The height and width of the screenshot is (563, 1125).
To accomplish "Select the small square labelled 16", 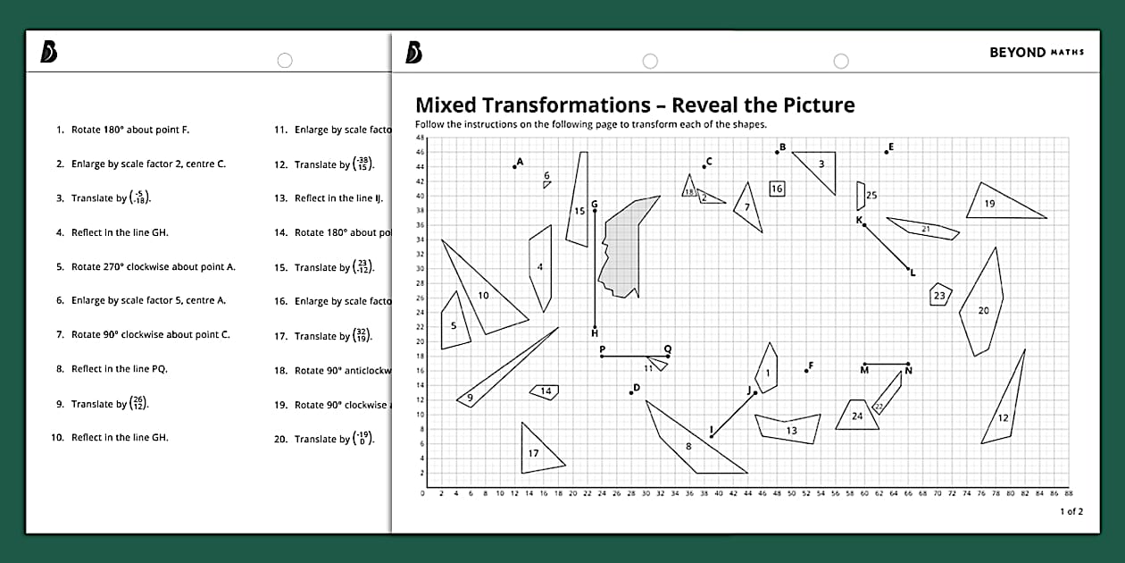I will (x=777, y=189).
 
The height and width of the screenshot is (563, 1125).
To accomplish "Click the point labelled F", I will (x=806, y=370).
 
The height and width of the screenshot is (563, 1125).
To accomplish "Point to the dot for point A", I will (x=515, y=166).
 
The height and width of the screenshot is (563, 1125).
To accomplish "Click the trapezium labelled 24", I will (x=857, y=416).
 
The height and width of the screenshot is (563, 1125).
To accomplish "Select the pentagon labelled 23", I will (x=940, y=295).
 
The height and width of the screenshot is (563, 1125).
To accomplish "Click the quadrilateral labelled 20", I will (x=982, y=308).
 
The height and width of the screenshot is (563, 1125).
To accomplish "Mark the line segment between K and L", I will (x=887, y=247).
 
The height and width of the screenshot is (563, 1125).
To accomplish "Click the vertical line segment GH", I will (x=595, y=268).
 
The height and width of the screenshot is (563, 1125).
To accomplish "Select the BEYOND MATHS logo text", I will (x=1036, y=52).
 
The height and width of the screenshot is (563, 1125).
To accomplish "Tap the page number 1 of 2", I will (x=1071, y=511).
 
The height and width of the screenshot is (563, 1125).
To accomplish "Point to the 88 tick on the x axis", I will (x=1069, y=492).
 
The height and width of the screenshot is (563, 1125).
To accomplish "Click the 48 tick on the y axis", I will (x=420, y=138).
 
